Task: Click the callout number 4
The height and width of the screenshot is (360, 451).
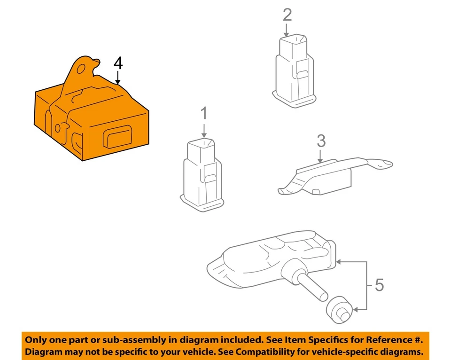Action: point(118,63)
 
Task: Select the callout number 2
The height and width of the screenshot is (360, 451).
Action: point(287,15)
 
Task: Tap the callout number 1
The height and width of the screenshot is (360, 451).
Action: point(204,113)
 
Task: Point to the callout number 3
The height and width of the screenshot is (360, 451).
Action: point(321,140)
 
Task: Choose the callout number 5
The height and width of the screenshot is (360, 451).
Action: point(379,285)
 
